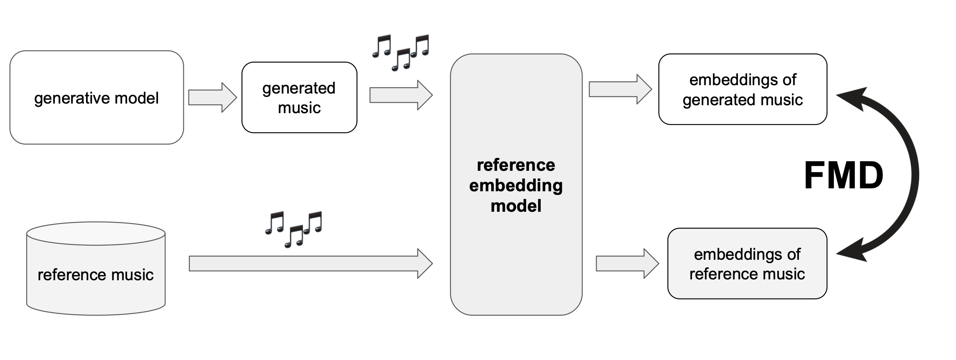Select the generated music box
[299, 98]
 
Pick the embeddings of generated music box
[742, 89]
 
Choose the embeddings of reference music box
[747, 264]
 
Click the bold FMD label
[843, 176]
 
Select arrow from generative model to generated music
[212, 97]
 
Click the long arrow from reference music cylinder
[310, 264]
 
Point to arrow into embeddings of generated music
[620, 89]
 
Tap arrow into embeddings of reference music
[627, 264]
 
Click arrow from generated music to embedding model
[400, 95]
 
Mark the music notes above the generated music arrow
[400, 52]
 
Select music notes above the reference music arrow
[294, 229]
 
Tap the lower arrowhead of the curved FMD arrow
[852, 251]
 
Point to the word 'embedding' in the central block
[516, 185]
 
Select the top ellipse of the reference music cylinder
[96, 233]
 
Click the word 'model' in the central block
[516, 206]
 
